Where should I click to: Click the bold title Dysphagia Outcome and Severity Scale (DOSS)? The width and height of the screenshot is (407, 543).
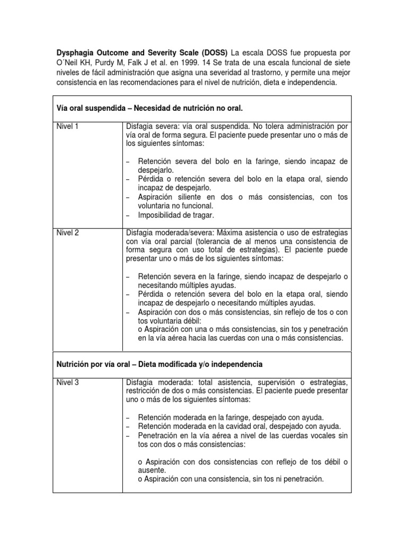pos(142,54)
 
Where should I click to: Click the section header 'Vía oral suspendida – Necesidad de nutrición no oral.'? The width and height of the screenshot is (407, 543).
pos(149,108)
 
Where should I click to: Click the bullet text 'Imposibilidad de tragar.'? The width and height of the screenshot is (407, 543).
pos(176,215)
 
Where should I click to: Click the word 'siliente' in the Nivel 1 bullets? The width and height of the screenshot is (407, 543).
pos(193,197)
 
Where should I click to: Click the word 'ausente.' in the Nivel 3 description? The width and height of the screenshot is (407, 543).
pos(152,470)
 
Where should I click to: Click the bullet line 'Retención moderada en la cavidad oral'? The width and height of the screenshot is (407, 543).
pos(238,426)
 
